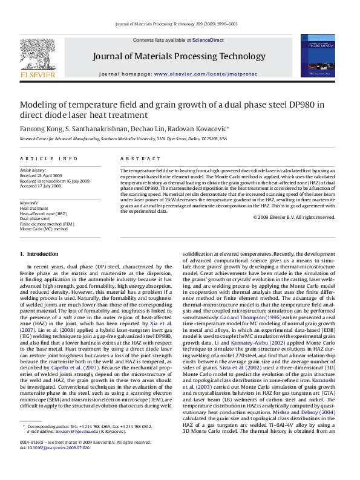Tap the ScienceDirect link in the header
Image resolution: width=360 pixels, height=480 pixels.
pos(208,40)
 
